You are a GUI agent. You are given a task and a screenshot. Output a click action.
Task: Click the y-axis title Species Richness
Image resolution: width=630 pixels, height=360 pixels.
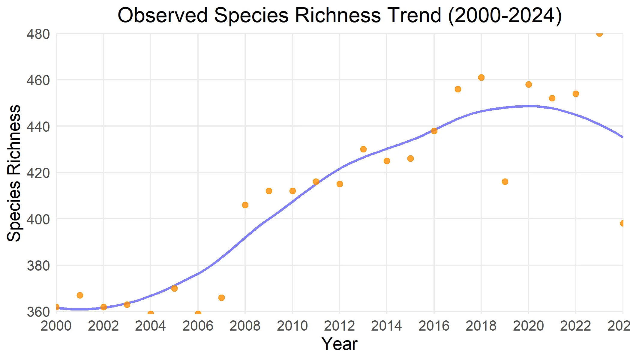pos(14,173)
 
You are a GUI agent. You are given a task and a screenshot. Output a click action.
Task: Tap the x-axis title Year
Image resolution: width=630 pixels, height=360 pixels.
pos(340,344)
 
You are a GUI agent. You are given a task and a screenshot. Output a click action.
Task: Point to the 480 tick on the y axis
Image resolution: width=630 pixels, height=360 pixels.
pos(38,34)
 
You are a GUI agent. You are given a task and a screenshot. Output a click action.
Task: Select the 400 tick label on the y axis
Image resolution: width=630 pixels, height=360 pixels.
pos(38,219)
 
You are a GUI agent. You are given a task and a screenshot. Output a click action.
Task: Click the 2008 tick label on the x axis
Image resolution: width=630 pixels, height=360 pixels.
pos(245,326)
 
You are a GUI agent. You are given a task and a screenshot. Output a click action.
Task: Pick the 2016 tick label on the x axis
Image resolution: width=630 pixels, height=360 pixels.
pos(434,326)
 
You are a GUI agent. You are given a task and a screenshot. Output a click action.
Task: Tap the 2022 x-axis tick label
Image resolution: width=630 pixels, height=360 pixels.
pos(576,326)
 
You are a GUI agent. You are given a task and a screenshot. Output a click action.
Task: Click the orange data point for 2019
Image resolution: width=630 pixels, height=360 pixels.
pos(505,181)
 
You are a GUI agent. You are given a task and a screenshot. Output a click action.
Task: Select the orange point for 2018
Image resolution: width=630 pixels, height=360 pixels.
pos(481,77)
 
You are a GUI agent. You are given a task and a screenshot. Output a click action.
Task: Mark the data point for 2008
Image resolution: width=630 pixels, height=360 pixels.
pos(245,205)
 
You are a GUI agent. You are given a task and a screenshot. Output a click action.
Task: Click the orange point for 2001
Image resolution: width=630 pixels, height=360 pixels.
pos(80,295)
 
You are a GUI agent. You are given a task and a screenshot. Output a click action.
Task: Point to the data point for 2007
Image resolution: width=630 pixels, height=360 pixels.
pos(221,298)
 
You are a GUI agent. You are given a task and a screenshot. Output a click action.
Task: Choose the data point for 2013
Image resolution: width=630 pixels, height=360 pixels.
pos(363,149)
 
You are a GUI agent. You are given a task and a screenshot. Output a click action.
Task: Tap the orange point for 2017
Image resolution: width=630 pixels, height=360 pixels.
pos(458,89)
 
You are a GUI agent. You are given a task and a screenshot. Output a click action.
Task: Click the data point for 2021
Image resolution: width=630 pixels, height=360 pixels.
pos(552,98)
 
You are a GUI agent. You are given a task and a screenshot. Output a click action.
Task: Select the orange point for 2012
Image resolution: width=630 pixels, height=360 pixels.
pos(340,184)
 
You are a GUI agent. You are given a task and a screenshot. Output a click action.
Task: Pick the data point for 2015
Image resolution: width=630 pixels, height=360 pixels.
pos(410,158)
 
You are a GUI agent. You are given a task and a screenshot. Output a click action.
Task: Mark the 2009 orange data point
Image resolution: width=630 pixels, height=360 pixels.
pos(269,191)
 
